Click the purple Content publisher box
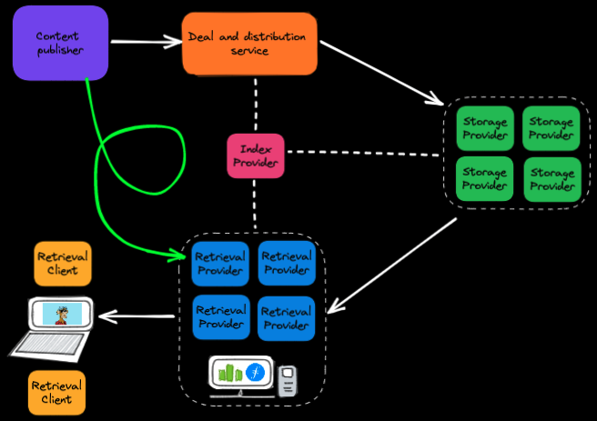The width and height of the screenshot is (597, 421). (60, 44)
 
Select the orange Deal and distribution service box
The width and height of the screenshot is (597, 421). (249, 44)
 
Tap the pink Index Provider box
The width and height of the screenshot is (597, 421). (256, 155)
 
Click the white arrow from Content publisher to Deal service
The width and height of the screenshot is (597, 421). (146, 41)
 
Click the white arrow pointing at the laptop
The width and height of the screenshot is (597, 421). (137, 316)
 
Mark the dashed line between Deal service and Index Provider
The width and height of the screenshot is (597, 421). (256, 104)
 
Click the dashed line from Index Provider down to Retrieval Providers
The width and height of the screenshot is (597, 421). (256, 205)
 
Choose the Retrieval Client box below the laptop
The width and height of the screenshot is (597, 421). (56, 392)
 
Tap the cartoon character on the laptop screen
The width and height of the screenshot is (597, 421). (62, 315)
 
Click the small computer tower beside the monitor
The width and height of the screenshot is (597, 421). (288, 380)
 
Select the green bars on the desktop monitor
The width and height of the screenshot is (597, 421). (231, 372)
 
